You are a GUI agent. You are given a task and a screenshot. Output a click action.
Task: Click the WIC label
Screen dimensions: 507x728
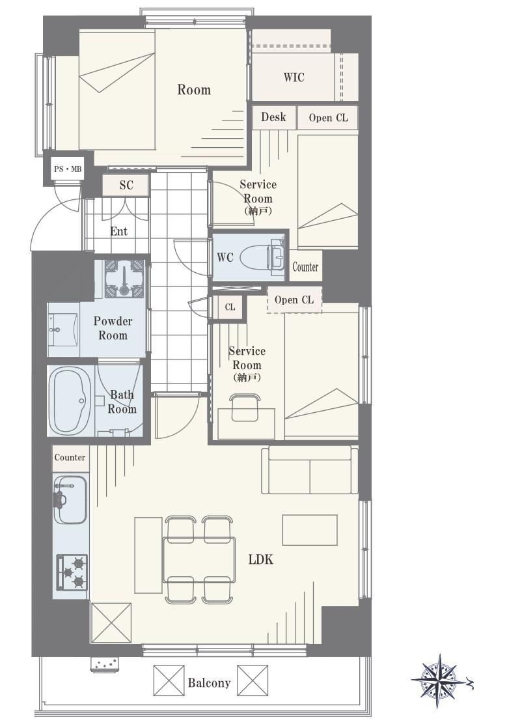[x=294, y=77]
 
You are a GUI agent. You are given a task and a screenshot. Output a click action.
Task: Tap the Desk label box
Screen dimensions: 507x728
[x=274, y=117]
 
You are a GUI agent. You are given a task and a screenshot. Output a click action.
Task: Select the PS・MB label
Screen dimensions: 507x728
[x=68, y=169]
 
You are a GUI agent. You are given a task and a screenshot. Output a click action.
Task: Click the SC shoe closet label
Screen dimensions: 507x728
[x=126, y=185]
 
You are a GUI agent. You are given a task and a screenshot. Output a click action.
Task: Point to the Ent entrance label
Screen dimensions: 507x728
[x=118, y=231]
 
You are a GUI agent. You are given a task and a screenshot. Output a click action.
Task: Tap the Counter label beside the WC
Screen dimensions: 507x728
[x=305, y=266]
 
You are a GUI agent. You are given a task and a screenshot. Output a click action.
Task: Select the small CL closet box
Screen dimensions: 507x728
[x=230, y=307]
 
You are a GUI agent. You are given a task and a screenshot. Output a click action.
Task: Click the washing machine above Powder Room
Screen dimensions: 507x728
[x=124, y=278]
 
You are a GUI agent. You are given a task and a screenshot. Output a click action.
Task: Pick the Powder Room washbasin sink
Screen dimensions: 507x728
[x=62, y=329]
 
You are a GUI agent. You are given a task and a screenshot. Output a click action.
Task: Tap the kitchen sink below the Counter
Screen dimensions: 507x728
[x=70, y=499]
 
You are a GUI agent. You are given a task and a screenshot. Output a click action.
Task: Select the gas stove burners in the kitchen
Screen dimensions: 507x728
[x=72, y=572]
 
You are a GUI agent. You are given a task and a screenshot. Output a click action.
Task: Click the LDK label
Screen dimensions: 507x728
[x=261, y=559]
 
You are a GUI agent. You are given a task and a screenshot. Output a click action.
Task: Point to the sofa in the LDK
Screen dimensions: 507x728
[x=309, y=470]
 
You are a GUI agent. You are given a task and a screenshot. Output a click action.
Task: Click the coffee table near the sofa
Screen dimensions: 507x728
[x=310, y=530]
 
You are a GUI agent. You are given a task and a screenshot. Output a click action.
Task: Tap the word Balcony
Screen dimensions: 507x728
[x=209, y=683]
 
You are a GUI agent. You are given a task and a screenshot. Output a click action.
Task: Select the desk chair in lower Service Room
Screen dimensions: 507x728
[x=245, y=408]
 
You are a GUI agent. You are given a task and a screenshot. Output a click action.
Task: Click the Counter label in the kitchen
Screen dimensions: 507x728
[x=70, y=457]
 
